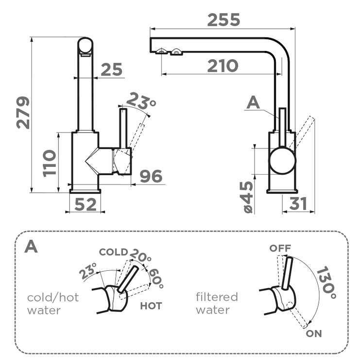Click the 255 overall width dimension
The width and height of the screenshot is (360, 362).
click(223, 20)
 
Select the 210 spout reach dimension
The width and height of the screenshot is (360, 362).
click(223, 66)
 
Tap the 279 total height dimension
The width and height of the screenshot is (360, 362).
click(23, 112)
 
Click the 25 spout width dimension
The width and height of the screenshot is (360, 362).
click(111, 70)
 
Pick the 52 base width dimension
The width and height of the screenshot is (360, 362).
click(86, 205)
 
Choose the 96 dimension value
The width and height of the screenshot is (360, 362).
click(151, 177)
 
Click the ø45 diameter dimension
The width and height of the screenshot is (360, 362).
click(247, 196)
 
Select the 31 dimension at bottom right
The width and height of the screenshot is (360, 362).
click(298, 204)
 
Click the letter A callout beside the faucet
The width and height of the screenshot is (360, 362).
click(253, 103)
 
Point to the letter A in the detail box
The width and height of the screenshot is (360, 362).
click(31, 246)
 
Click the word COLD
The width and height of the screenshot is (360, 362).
click(113, 252)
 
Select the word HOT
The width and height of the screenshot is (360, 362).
click(151, 306)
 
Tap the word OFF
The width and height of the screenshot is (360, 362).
click(280, 248)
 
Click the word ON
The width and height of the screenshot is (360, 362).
click(313, 334)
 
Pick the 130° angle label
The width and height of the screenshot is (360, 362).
click(326, 283)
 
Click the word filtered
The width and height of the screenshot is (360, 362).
click(217, 297)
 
